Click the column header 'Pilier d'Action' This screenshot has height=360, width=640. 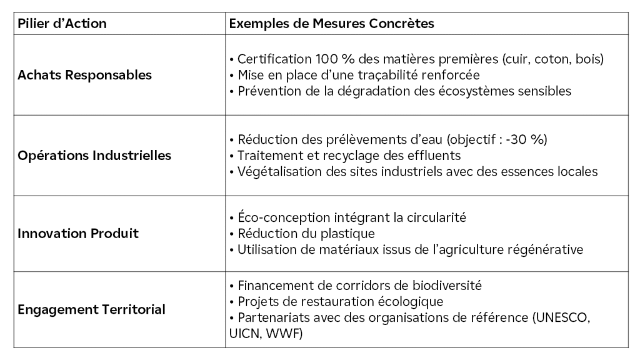point(62,24)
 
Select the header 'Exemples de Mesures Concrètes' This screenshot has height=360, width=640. point(331,24)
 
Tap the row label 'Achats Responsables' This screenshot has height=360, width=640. point(84,75)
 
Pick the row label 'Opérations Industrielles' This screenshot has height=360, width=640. point(94,155)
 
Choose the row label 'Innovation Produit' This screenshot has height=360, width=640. point(78,234)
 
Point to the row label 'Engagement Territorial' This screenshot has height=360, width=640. point(91,309)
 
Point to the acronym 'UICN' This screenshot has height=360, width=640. point(244,332)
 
